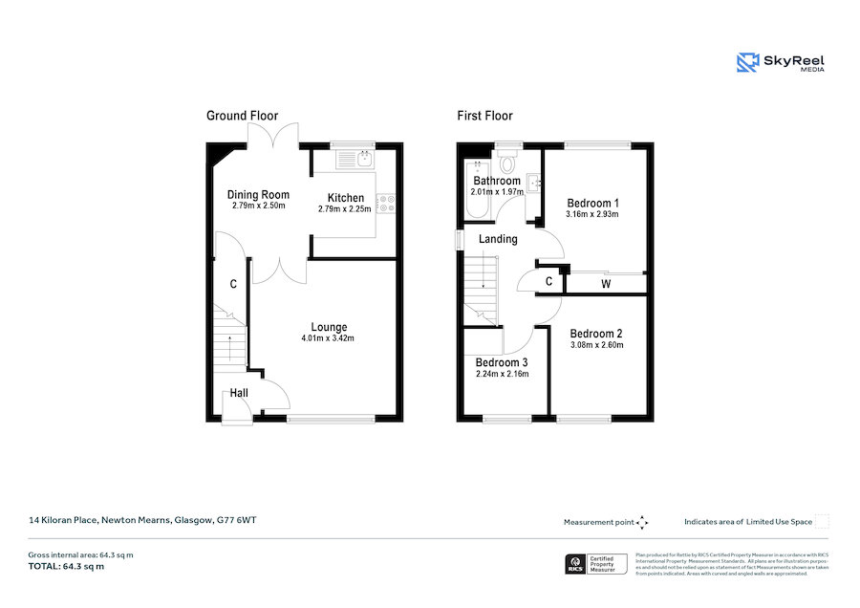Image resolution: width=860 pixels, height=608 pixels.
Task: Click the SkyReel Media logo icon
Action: click(x=746, y=63)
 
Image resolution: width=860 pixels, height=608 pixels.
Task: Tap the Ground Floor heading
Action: click(x=243, y=116)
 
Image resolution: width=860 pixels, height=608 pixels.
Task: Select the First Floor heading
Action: click(x=484, y=116)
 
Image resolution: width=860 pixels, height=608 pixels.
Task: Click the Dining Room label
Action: click(x=258, y=194)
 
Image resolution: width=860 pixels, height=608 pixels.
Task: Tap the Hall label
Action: click(x=239, y=394)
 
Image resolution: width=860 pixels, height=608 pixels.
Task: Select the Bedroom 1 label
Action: click(x=592, y=203)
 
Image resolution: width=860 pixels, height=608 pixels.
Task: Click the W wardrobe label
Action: click(x=606, y=284)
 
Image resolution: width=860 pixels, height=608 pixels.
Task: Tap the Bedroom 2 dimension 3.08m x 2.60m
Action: click(x=596, y=345)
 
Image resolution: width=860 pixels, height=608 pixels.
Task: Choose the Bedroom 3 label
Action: click(x=502, y=362)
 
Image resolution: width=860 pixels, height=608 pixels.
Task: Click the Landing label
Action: click(x=497, y=239)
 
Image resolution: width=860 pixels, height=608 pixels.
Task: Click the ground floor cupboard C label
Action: click(x=232, y=285)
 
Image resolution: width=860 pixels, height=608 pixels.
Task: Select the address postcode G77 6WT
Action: click(x=235, y=520)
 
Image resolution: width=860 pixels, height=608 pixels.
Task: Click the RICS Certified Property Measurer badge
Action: click(x=597, y=564)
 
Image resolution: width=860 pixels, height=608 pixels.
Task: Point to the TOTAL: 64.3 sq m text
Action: click(x=66, y=567)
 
